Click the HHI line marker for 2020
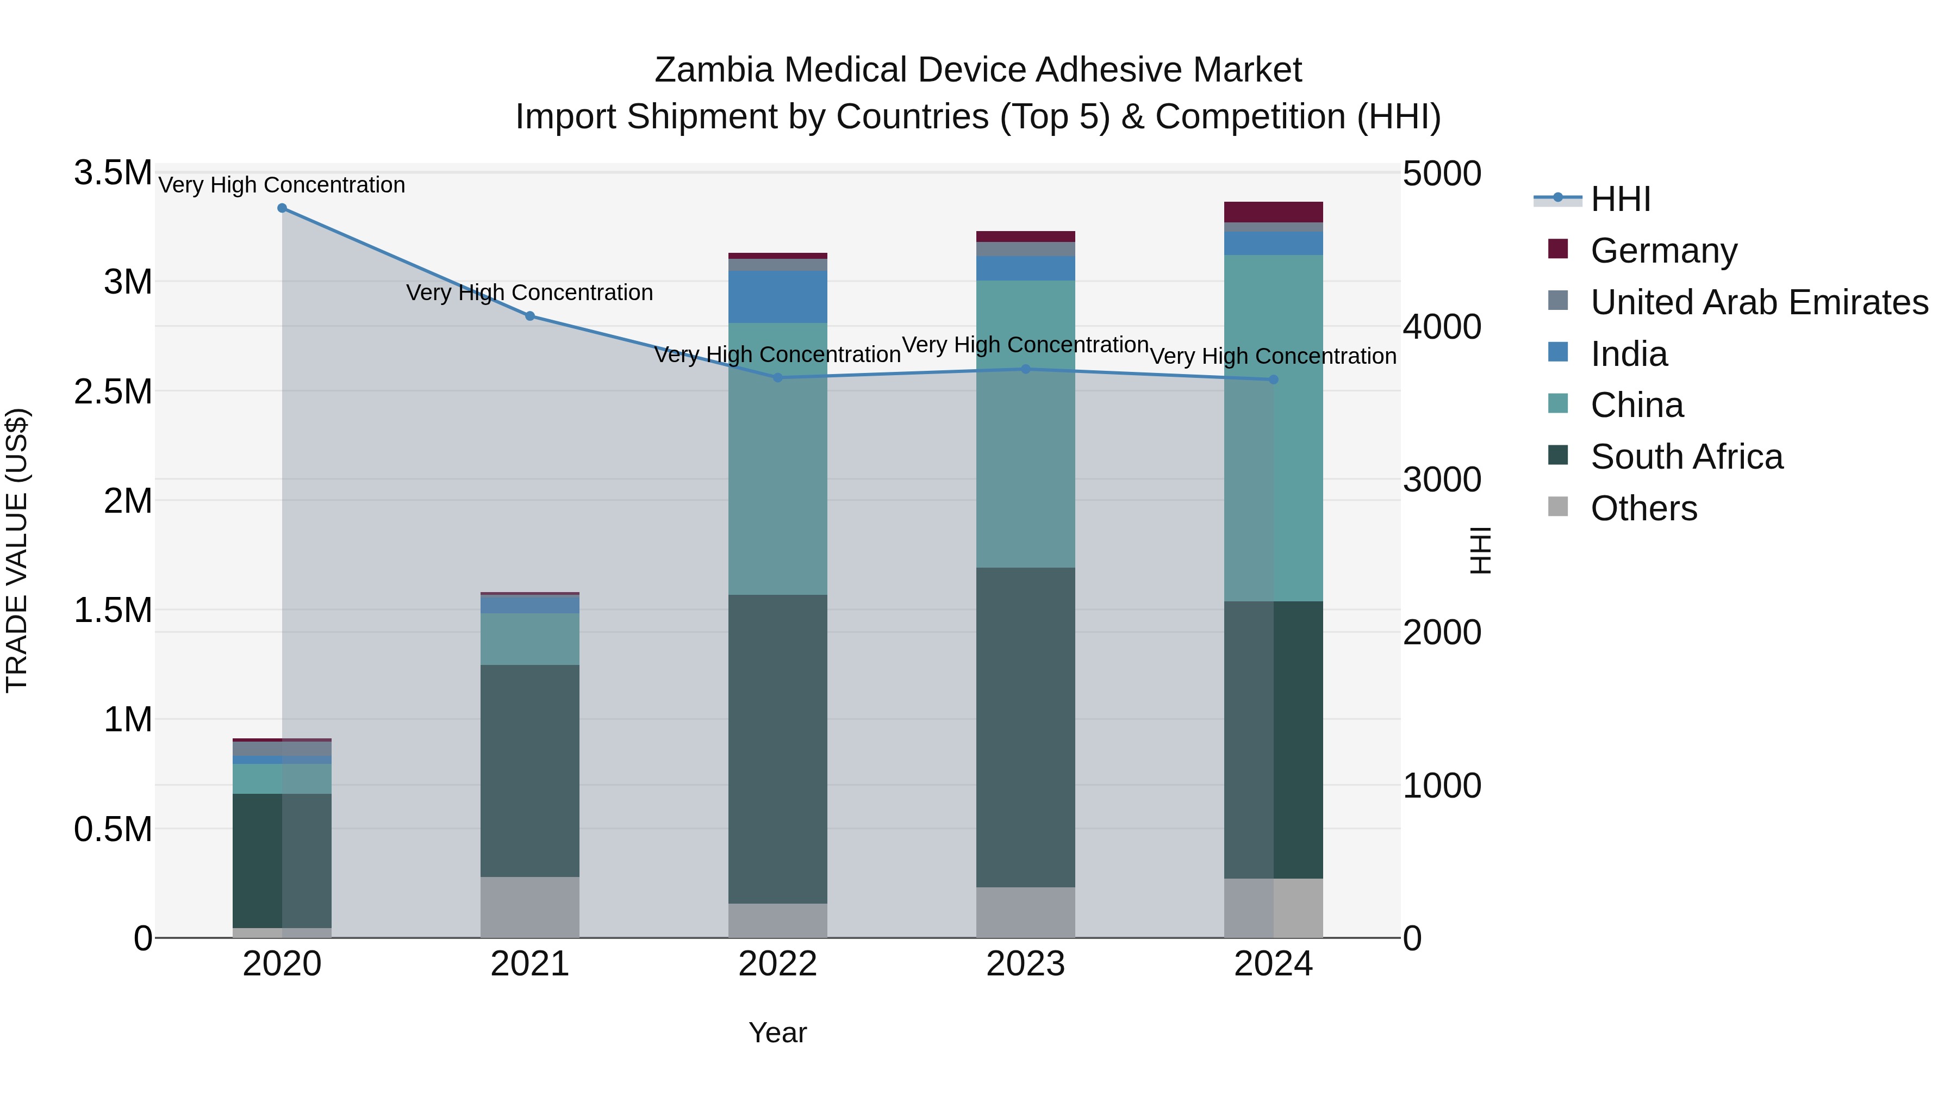pyautogui.click(x=282, y=208)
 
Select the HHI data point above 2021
pyautogui.click(x=529, y=316)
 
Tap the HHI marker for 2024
pyautogui.click(x=1273, y=379)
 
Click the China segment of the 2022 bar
pyautogui.click(x=777, y=458)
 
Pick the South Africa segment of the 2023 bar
pyautogui.click(x=1025, y=726)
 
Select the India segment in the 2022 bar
pyautogui.click(x=777, y=296)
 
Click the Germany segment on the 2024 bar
pyautogui.click(x=1273, y=212)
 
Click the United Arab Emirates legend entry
pyautogui.click(x=1759, y=302)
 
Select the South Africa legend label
pyautogui.click(x=1686, y=457)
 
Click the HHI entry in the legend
pyautogui.click(x=1620, y=199)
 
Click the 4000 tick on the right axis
pyautogui.click(x=1441, y=327)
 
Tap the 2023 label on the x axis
pyautogui.click(x=1025, y=964)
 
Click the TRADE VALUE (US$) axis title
pyautogui.click(x=17, y=550)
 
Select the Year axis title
pyautogui.click(x=777, y=1032)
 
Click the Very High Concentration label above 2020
pyautogui.click(x=282, y=185)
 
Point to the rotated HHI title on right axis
pyautogui.click(x=1480, y=550)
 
